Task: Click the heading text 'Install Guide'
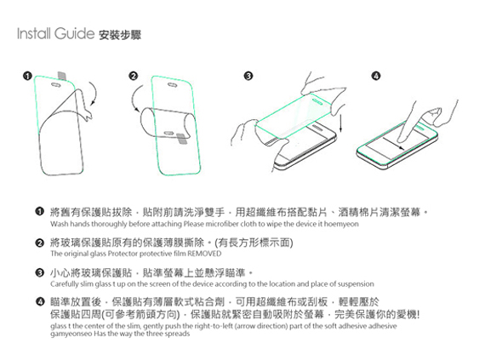click(x=54, y=37)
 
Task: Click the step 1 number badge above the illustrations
click(x=28, y=77)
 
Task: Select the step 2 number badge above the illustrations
click(x=133, y=77)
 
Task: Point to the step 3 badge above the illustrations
click(x=248, y=77)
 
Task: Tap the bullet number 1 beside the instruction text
click(x=39, y=210)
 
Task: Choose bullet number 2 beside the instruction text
click(x=39, y=243)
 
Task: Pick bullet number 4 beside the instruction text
click(x=39, y=302)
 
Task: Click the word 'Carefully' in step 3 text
click(x=66, y=284)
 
